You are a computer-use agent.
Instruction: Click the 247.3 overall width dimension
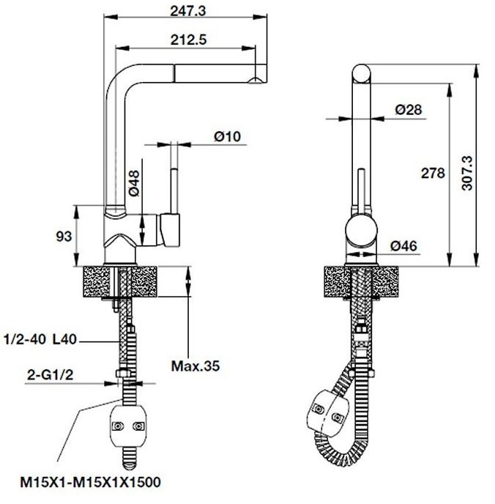[183, 10]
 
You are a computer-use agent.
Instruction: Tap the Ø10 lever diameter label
[228, 136]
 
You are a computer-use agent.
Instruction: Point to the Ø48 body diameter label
[134, 183]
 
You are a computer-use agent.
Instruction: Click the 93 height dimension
[64, 236]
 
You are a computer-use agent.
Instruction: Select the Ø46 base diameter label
[403, 246]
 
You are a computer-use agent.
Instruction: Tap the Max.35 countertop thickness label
[195, 365]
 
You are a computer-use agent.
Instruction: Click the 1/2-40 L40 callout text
[40, 340]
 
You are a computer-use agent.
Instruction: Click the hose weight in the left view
[127, 424]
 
